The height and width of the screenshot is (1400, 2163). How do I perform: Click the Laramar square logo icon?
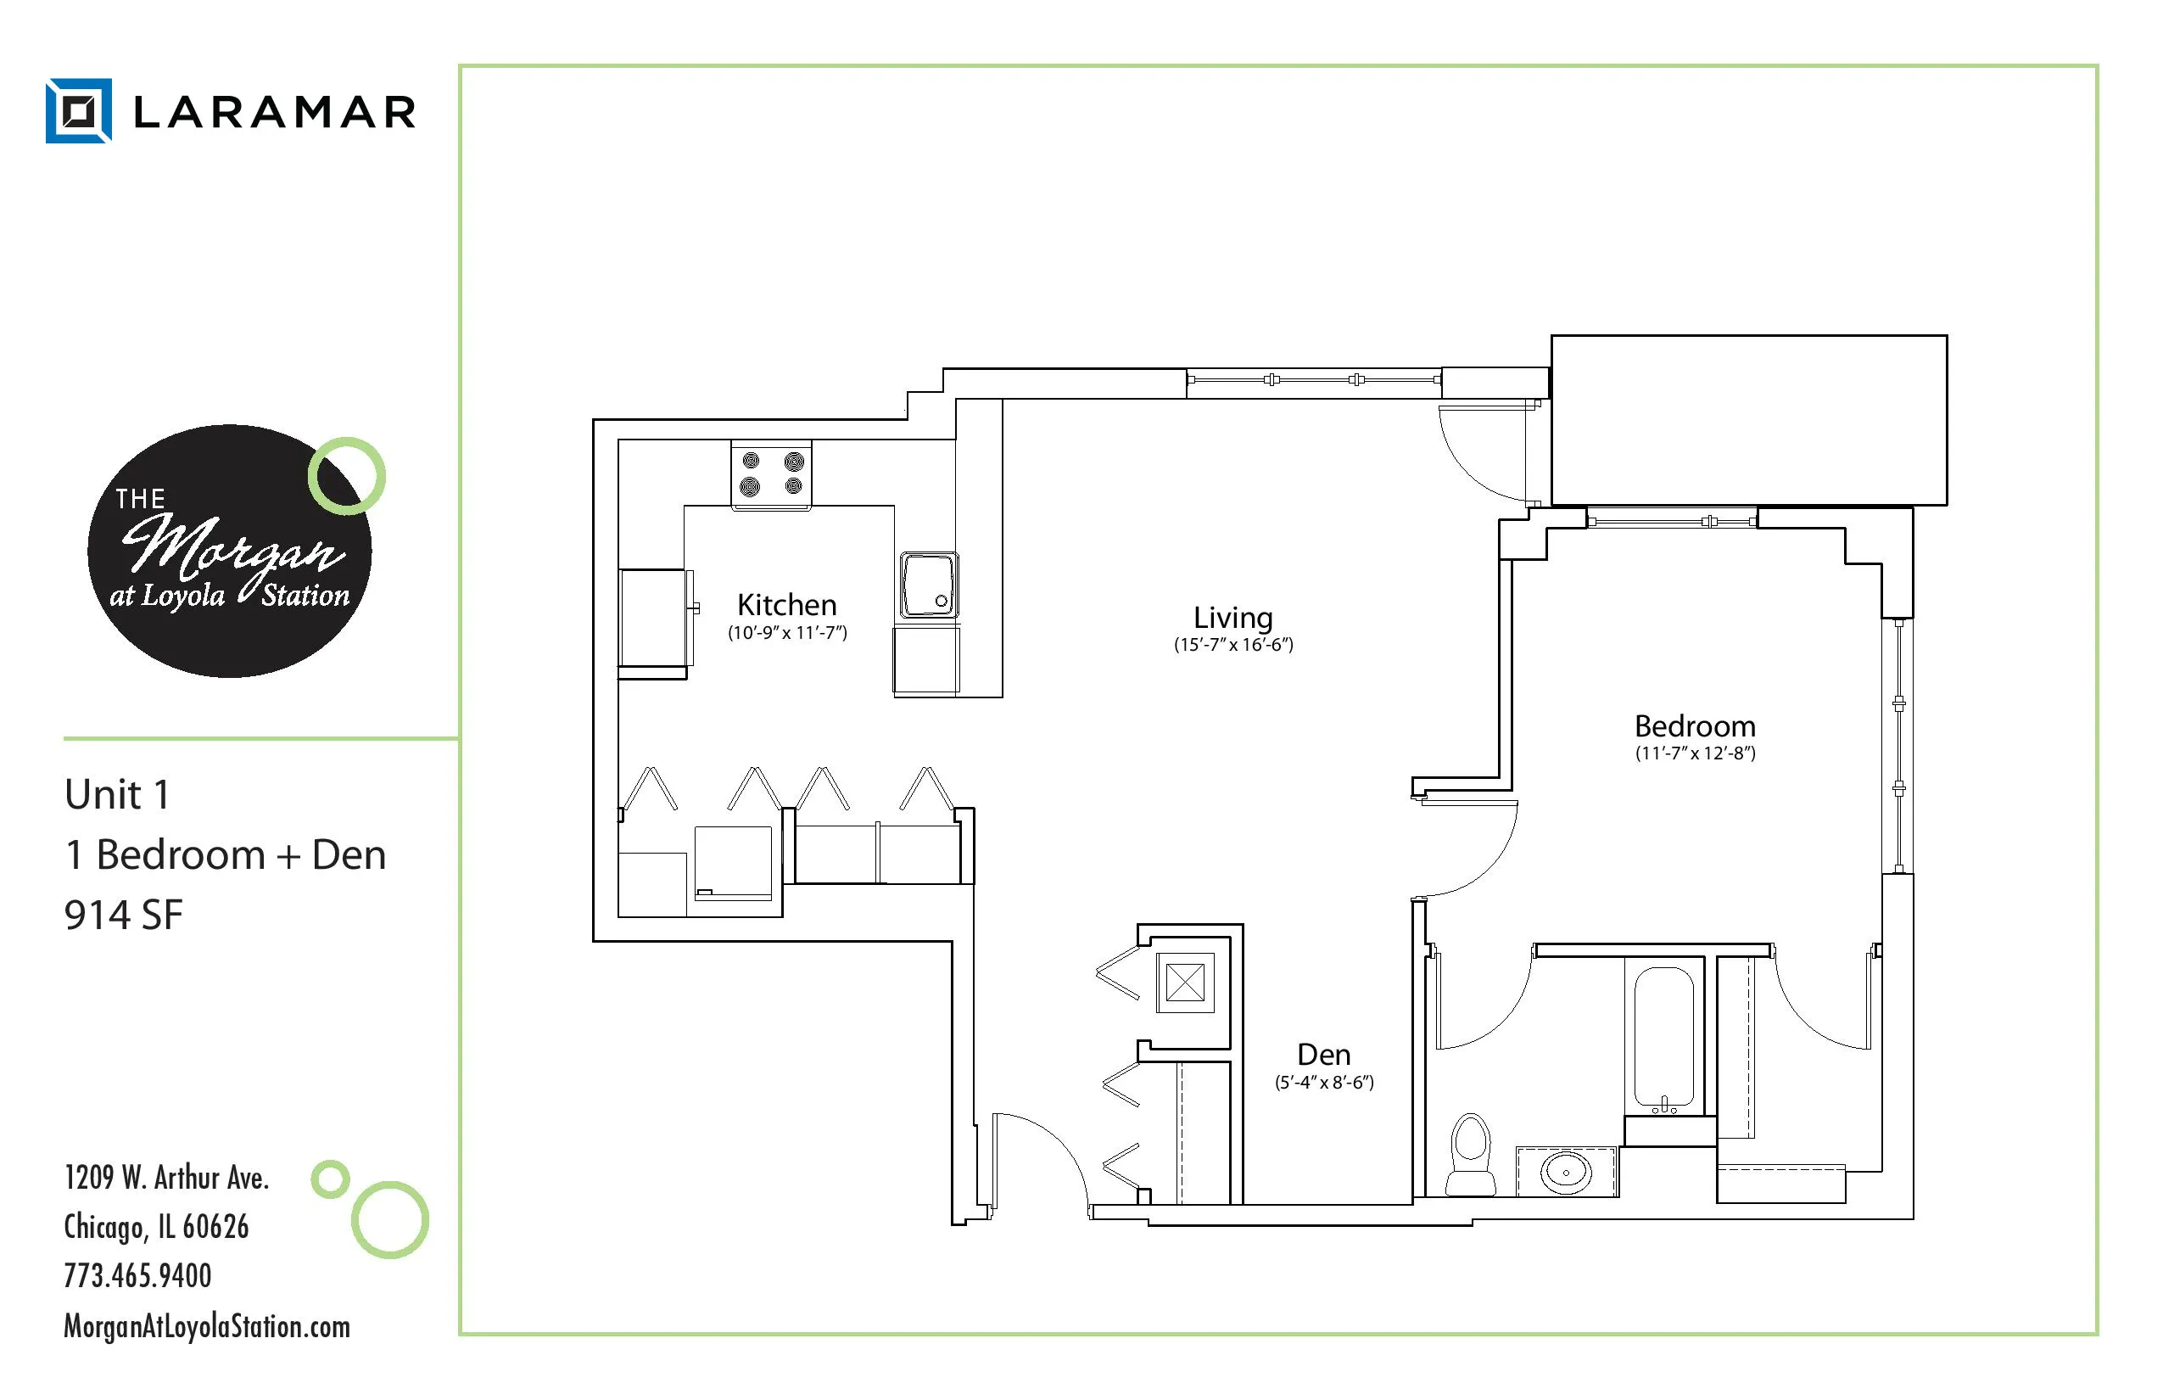(79, 111)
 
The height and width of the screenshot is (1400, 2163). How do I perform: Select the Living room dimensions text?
(1233, 645)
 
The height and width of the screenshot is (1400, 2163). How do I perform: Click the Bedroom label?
(1695, 726)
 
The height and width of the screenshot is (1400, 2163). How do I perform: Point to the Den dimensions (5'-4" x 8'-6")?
(1324, 1083)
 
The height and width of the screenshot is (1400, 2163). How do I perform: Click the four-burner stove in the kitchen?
(772, 473)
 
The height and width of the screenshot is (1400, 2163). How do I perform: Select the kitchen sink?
(929, 585)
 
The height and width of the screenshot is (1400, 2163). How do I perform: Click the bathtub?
(1664, 1037)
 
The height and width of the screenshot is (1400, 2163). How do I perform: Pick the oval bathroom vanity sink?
(1566, 1172)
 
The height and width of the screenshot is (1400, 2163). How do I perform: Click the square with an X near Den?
(1185, 983)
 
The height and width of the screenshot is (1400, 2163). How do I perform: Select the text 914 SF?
(124, 916)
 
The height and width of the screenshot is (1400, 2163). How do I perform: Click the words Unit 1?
(117, 794)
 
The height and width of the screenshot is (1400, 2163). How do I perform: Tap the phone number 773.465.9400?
(137, 1275)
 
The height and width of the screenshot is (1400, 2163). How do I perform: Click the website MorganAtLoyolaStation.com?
(206, 1326)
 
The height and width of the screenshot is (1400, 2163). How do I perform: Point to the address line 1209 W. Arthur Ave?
(166, 1179)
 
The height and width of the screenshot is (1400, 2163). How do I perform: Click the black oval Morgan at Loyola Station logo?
(229, 552)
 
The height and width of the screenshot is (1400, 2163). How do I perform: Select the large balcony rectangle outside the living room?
(1748, 420)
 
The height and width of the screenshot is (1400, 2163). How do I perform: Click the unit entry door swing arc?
(1045, 1155)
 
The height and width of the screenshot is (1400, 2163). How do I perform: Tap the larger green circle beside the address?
(390, 1220)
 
